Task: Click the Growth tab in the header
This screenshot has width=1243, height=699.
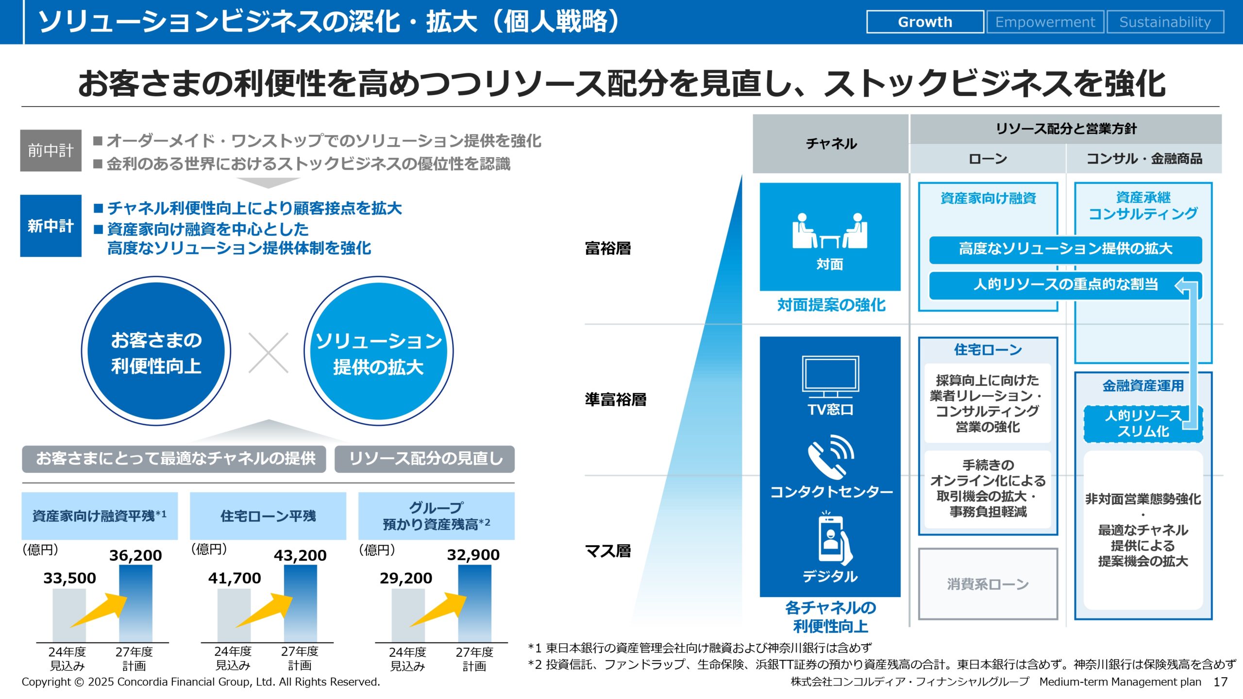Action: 925,22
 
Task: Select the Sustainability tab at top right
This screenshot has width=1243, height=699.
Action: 1165,22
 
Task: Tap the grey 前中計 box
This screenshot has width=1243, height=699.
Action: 50,150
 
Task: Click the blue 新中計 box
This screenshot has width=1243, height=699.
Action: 50,226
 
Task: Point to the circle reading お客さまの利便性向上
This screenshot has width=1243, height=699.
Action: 156,351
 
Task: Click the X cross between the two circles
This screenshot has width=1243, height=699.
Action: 269,353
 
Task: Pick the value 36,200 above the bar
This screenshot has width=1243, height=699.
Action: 135,555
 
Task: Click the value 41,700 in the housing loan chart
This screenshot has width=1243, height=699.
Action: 235,578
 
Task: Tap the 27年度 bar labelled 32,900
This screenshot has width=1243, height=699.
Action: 474,603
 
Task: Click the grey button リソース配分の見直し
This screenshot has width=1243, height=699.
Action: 425,459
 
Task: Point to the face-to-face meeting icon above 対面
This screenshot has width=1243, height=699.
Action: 830,231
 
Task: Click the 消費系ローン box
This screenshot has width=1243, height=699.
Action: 988,584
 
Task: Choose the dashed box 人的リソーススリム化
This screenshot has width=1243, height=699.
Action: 1143,424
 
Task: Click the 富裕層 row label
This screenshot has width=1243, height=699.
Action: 608,249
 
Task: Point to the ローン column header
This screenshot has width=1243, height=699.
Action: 988,159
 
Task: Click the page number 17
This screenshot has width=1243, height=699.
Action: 1220,682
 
